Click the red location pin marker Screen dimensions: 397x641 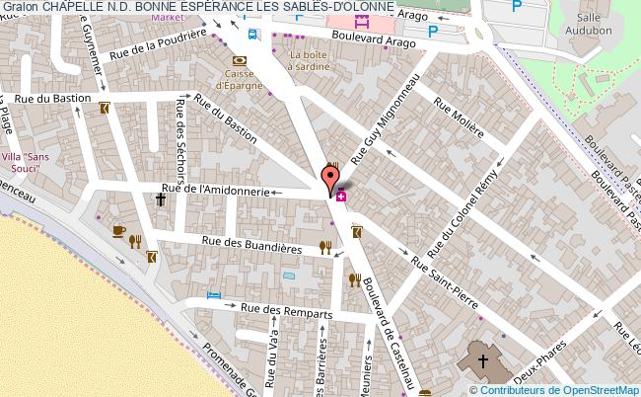tap(328, 182)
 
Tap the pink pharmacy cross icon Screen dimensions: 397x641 tap(340, 197)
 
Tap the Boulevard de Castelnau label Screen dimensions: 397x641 tap(392, 328)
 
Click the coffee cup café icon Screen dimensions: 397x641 tap(119, 230)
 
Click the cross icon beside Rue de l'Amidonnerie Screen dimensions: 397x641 tap(160, 199)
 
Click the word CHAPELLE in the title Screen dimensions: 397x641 tap(69, 7)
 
